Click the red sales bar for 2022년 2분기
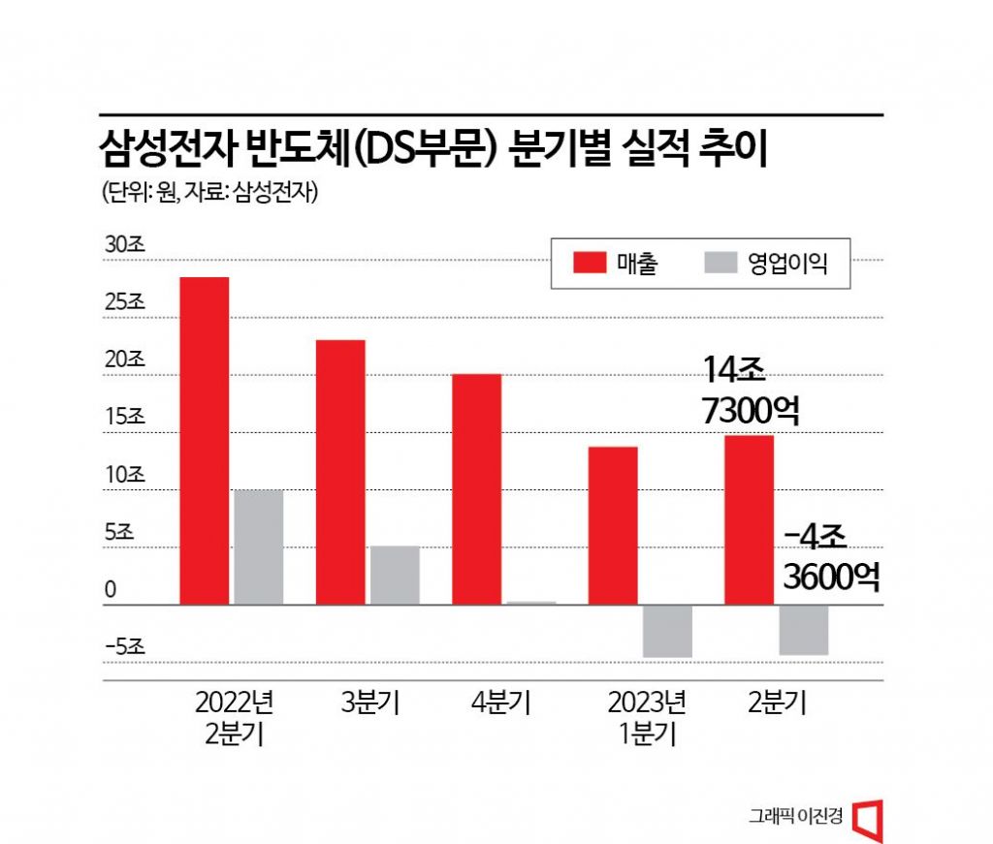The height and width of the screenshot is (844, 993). [204, 441]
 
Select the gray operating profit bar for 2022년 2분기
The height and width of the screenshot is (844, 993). [258, 547]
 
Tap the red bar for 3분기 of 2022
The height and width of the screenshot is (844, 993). [339, 472]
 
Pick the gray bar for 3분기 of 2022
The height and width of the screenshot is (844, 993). [394, 575]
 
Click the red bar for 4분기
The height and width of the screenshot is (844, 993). [476, 489]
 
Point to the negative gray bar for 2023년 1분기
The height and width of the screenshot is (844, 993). [667, 631]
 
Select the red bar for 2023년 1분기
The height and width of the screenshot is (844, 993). [612, 525]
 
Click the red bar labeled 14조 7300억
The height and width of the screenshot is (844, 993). [749, 519]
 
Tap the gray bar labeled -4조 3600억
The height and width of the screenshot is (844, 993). [803, 630]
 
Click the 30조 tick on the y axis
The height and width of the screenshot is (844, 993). [124, 246]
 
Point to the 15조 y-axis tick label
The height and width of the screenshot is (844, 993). [124, 419]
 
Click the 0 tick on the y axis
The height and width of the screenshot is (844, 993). [112, 590]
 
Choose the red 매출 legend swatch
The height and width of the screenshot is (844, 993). [590, 263]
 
